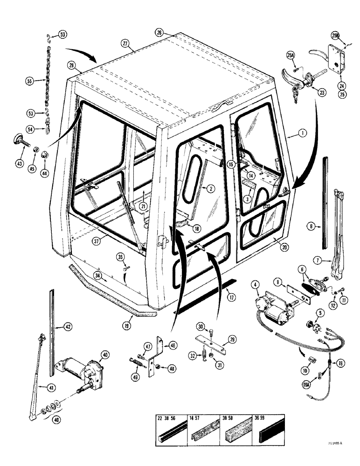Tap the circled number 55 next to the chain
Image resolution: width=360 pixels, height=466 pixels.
[x=30, y=81]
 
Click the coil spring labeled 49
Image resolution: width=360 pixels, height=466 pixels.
[x=134, y=362]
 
